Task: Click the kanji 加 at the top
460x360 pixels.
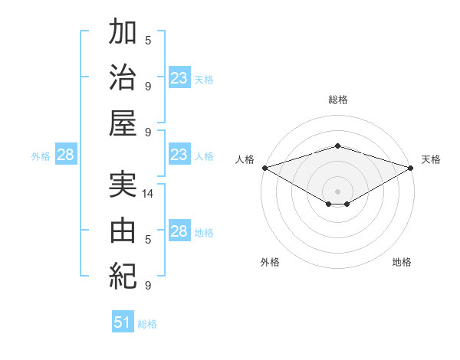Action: point(123,31)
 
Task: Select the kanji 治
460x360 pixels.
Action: point(123,77)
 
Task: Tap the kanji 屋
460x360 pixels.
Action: point(123,123)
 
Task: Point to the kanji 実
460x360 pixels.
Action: point(123,185)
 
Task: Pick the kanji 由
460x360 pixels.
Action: point(123,231)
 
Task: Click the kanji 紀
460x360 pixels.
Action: point(123,277)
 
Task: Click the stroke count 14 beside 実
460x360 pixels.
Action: point(147,194)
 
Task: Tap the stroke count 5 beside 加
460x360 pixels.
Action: point(148,41)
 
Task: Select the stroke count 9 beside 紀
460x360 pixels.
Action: point(148,285)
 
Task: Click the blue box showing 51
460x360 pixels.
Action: point(123,321)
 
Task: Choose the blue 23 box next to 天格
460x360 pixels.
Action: point(179,77)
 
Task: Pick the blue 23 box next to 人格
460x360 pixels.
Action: point(179,154)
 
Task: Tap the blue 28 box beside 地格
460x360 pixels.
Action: point(179,230)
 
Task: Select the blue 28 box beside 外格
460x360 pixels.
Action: point(66,154)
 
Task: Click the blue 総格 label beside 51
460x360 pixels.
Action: point(147,324)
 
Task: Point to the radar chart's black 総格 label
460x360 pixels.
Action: point(338,100)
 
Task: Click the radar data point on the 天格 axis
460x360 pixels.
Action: point(411,168)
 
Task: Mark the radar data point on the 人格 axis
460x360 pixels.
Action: point(265,168)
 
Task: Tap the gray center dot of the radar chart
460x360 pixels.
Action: point(337,191)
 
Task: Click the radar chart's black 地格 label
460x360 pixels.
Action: point(402,262)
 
